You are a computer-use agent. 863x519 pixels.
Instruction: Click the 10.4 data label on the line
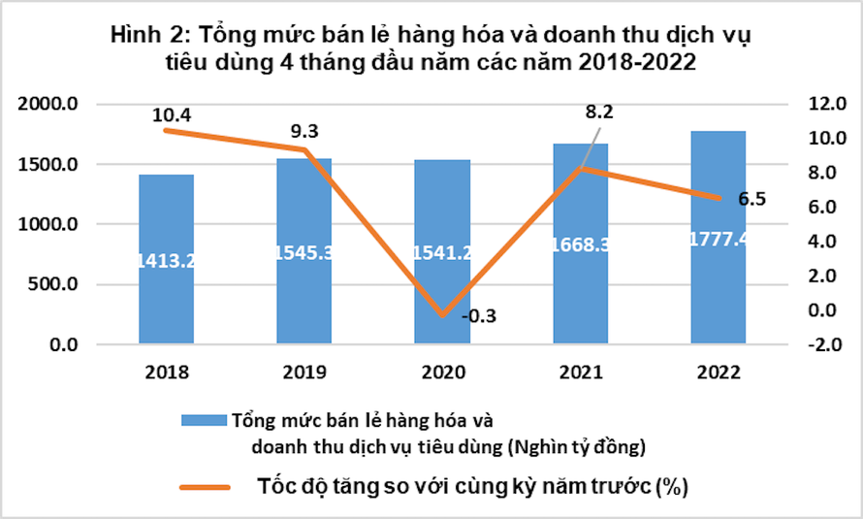click(x=172, y=114)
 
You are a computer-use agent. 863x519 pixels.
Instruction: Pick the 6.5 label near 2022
click(x=751, y=200)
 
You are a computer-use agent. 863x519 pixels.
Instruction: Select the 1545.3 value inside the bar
click(x=304, y=252)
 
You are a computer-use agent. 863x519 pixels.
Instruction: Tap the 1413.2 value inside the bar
click(x=166, y=260)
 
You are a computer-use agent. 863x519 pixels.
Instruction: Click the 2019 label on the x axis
click(x=304, y=373)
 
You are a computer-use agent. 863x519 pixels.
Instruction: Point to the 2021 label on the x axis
click(x=580, y=373)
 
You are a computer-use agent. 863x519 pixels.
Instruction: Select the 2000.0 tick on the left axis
click(x=49, y=104)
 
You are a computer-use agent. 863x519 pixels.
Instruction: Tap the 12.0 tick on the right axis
click(x=813, y=104)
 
